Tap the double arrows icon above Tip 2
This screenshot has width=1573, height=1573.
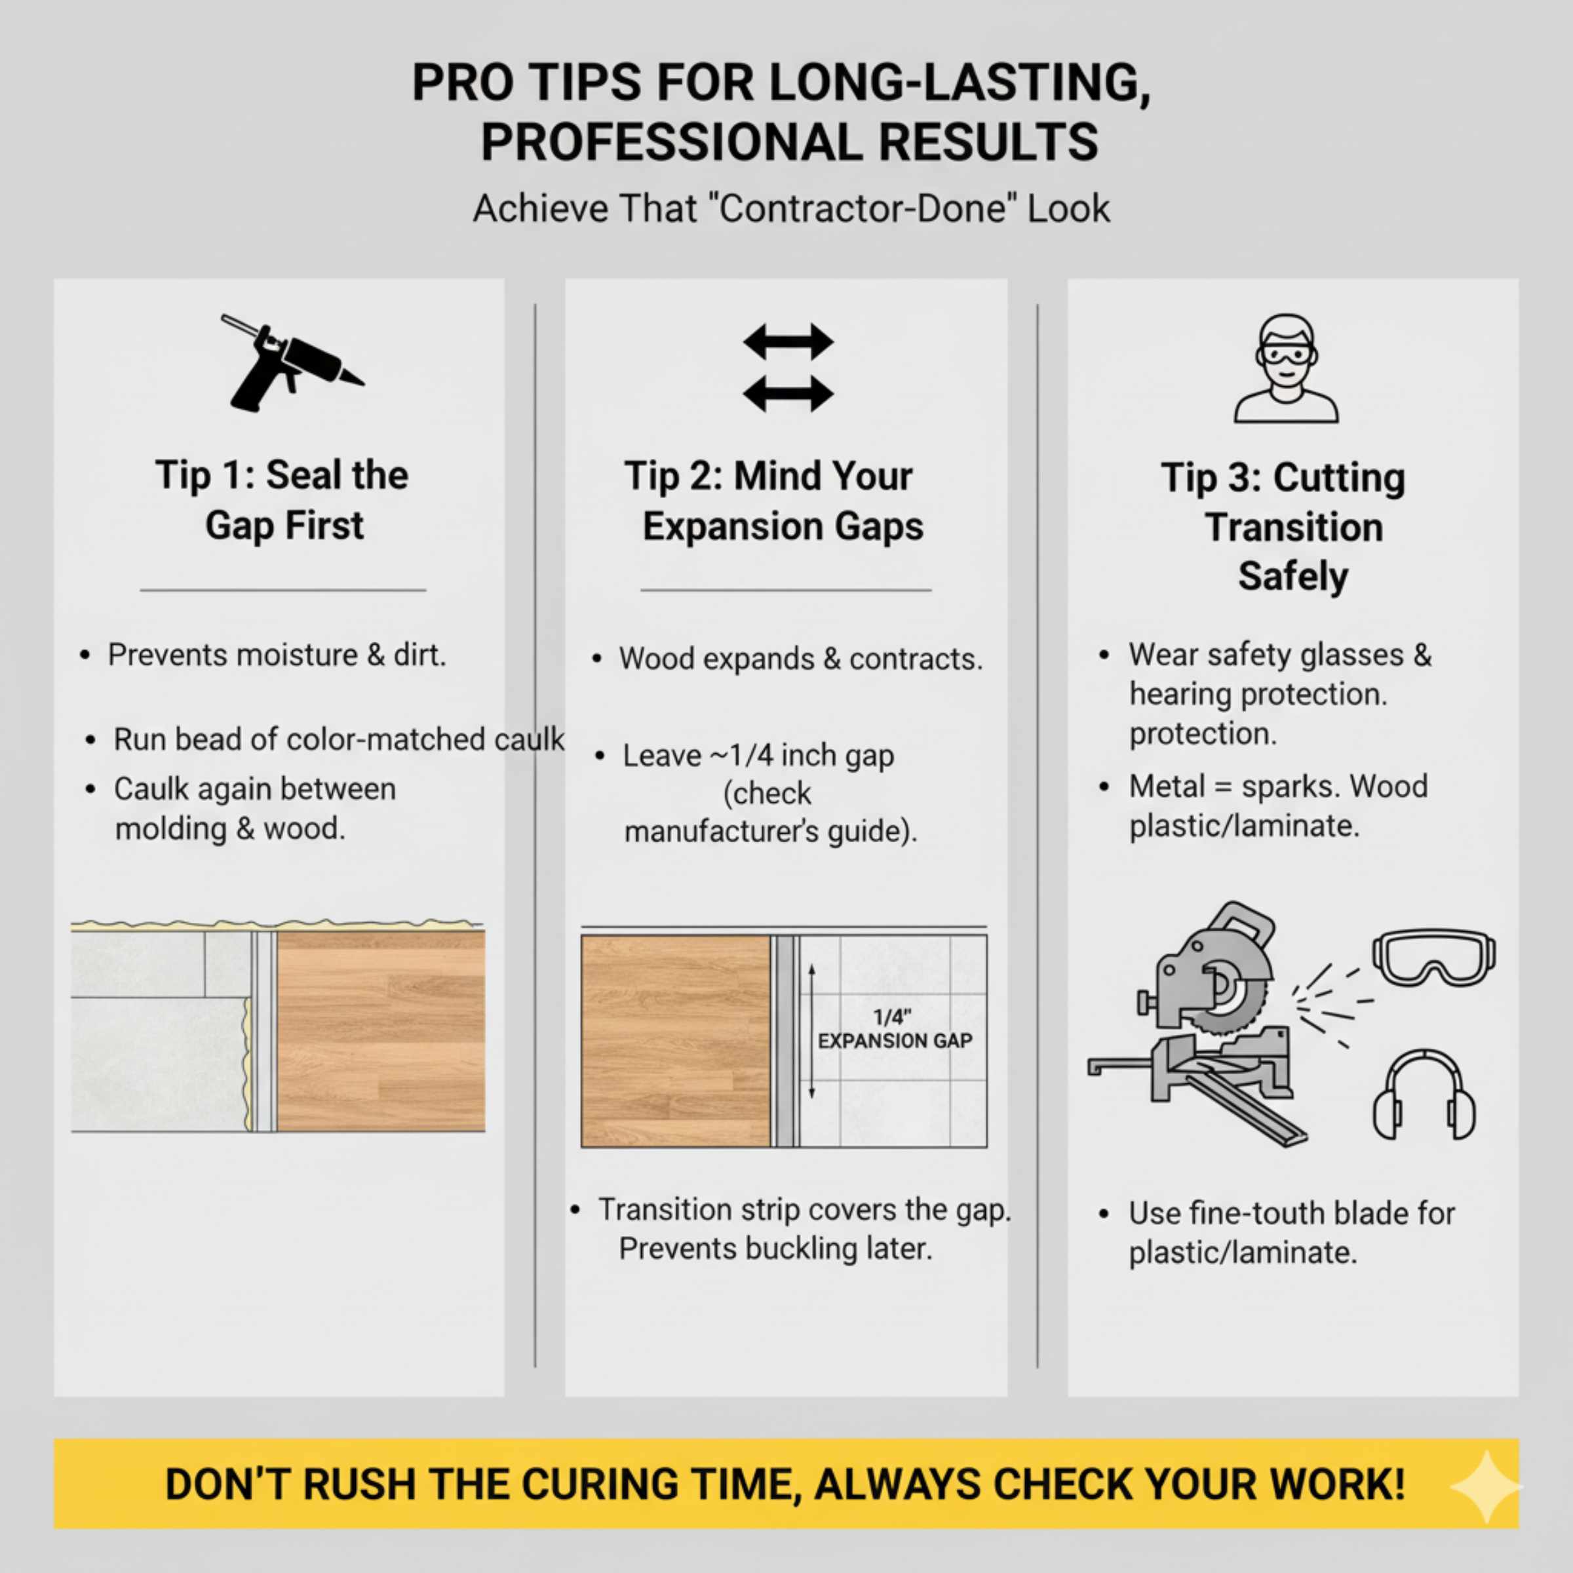point(787,368)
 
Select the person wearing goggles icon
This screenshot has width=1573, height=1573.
point(1285,369)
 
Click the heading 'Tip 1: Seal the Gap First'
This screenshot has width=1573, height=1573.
point(282,500)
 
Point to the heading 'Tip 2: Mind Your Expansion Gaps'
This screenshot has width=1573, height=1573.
point(775,501)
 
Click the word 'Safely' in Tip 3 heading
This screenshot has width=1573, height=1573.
point(1293,577)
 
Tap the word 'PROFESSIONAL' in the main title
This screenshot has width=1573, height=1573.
point(671,142)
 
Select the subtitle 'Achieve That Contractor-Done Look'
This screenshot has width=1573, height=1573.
point(790,208)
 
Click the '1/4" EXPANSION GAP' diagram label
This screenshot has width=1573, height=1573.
point(894,1029)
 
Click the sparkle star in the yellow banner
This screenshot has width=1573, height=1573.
point(1486,1486)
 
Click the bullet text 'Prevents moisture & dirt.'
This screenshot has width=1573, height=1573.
point(277,655)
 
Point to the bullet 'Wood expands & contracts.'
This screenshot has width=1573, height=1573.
point(800,659)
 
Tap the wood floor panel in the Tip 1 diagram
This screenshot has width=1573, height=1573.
point(381,1031)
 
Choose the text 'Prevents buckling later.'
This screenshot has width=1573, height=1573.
point(775,1248)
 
